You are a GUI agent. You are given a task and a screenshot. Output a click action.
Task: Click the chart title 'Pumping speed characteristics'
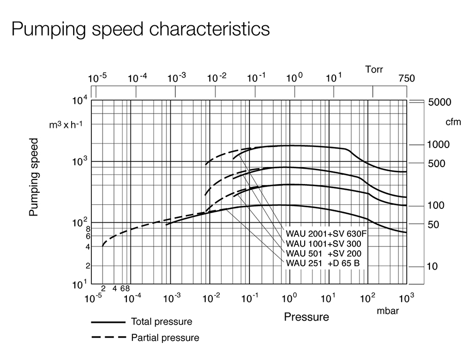tap(140, 29)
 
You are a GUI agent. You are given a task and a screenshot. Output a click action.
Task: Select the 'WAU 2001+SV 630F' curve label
tap(326, 233)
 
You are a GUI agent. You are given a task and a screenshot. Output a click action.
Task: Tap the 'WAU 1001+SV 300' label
tap(323, 243)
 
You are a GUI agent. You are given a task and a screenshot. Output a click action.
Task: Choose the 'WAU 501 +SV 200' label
tap(323, 254)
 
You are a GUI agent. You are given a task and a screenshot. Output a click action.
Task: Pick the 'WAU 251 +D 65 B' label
tap(323, 264)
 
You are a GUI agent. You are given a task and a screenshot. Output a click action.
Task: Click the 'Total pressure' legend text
tap(161, 322)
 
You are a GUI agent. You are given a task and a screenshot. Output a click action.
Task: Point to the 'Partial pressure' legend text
tap(165, 338)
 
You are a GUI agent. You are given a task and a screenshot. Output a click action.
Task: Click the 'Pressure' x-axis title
tap(306, 317)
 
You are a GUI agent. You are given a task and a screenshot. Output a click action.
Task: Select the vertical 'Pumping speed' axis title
tap(34, 177)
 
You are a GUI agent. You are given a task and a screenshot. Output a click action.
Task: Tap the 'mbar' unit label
tap(388, 311)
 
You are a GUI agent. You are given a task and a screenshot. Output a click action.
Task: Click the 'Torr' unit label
tap(374, 69)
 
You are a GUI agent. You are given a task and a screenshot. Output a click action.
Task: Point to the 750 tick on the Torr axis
tap(406, 79)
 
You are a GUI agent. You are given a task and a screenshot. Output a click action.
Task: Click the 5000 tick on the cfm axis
tap(440, 102)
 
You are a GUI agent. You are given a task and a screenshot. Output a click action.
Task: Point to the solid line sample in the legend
tap(108, 322)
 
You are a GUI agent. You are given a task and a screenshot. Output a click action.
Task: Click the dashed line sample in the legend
tap(108, 338)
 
